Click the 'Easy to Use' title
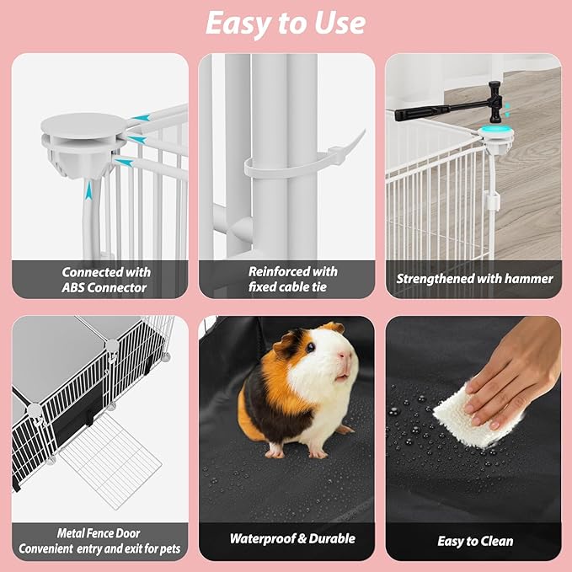tap(286, 24)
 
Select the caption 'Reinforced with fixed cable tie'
tap(292, 279)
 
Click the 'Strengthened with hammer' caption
tap(475, 279)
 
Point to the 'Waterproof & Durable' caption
tap(292, 538)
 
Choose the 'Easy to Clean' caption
tap(475, 541)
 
